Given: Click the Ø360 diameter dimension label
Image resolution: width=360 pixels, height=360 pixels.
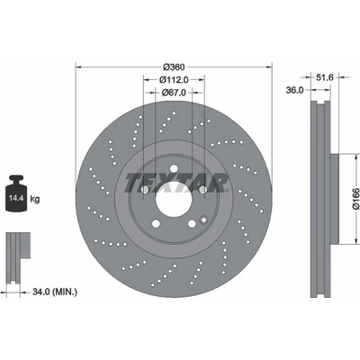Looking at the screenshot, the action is coord(174,67).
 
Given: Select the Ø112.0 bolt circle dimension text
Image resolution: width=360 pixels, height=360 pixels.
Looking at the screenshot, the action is coord(174,80).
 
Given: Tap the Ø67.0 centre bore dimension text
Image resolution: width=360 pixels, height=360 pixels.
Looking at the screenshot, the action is coord(174,93).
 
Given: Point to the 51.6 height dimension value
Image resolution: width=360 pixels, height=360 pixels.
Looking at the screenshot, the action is coord(325,77).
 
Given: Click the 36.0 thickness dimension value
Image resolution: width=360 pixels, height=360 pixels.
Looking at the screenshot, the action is coord(294,90).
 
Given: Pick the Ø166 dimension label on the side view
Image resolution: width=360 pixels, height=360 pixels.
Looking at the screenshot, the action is coord(355,199).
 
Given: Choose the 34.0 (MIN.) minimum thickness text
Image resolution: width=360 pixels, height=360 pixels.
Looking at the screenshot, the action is coord(55,292).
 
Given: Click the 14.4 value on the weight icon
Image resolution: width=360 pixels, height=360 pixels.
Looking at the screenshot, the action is coord(16,198).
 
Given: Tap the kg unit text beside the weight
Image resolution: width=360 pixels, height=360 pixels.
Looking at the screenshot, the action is coord(35,199).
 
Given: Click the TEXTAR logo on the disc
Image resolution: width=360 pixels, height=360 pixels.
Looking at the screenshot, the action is coord(176,183).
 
